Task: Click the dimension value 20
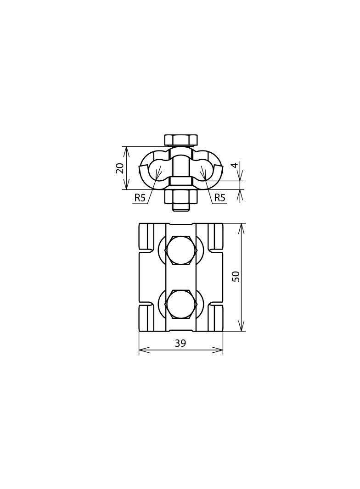[x=120, y=168]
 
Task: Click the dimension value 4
[x=235, y=165]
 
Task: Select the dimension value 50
[x=236, y=276]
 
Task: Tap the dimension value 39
[x=180, y=343]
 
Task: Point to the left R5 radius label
[x=140, y=198]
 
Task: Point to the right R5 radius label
[x=220, y=198]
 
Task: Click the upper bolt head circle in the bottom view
[x=181, y=250]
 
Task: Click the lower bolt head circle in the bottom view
[x=181, y=304]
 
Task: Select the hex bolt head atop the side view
[x=181, y=140]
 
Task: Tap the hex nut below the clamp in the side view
[x=181, y=196]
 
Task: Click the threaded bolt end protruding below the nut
[x=181, y=207]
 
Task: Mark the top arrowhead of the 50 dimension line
[x=242, y=228]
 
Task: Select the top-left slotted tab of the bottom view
[x=146, y=236]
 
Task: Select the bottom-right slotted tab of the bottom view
[x=215, y=318]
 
